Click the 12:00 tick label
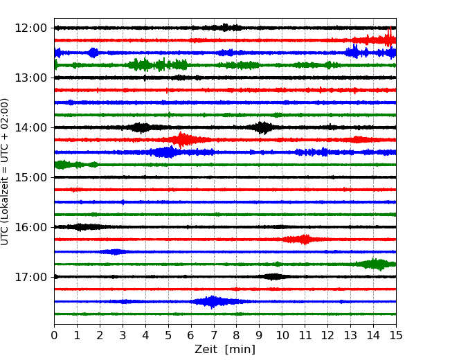click(30, 28)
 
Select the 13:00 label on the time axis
click(30, 78)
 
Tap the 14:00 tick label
click(30, 127)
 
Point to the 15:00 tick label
click(30, 177)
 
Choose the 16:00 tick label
click(30, 227)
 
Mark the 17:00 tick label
click(30, 277)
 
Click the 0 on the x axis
click(54, 335)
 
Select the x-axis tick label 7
click(214, 335)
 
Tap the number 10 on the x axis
click(282, 335)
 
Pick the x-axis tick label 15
click(396, 335)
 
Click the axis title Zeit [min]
click(225, 350)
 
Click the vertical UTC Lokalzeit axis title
click(5, 172)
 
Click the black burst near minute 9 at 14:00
click(262, 127)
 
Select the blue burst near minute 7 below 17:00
click(213, 302)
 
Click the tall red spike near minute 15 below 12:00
click(390, 37)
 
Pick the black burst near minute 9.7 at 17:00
click(274, 277)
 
